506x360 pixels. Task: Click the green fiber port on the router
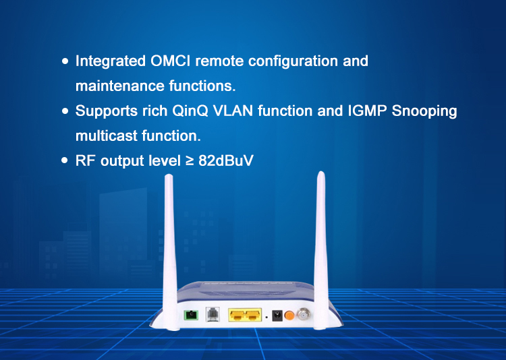193,314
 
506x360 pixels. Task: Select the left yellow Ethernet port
237,315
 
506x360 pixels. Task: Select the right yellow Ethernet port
252,315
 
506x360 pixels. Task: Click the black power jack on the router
276,315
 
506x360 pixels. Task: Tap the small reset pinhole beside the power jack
266,316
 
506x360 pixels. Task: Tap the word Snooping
425,111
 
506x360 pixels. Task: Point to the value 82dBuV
226,162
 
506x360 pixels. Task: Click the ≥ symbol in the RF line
189,162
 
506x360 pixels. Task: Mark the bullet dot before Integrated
65,61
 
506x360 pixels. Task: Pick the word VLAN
233,111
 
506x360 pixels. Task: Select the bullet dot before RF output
65,162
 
